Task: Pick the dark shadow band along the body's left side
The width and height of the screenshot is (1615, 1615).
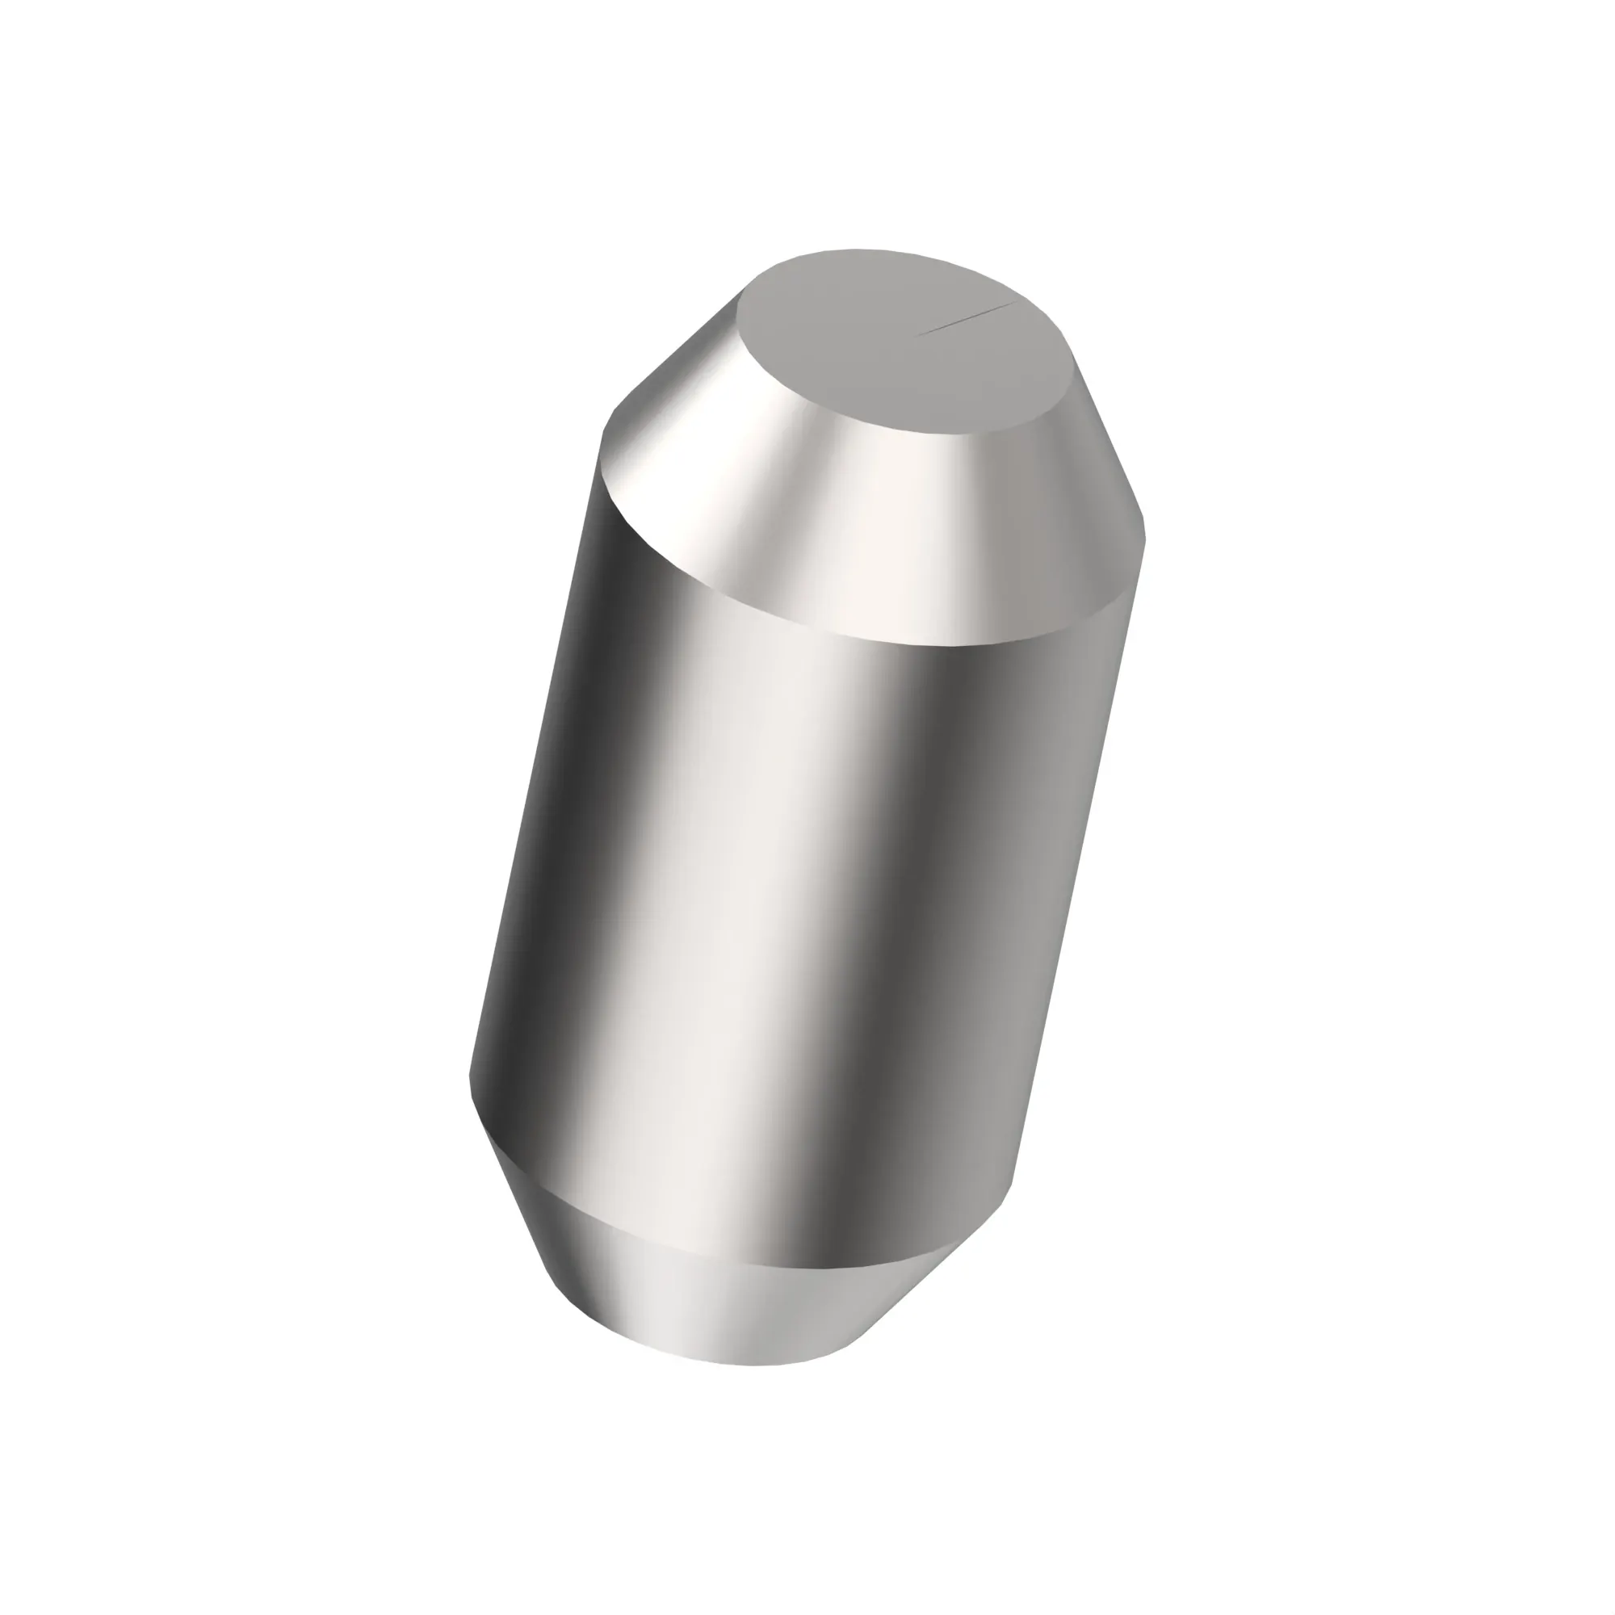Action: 568,836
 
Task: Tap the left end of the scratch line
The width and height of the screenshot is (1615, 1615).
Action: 920,334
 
